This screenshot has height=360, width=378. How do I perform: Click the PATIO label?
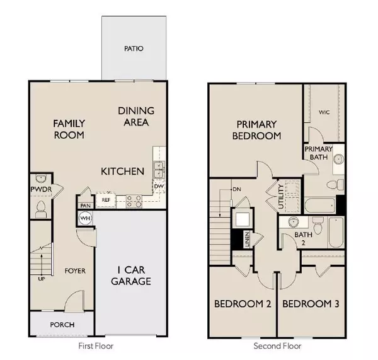coord(134,48)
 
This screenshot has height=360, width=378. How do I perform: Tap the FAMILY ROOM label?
coord(69,129)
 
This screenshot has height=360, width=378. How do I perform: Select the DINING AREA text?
coord(134,117)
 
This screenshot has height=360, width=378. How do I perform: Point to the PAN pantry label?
coord(85,204)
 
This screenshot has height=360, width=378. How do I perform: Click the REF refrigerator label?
coord(106,200)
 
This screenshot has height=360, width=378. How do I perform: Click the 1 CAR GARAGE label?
coord(130,276)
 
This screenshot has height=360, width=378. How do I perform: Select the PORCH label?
coord(61,325)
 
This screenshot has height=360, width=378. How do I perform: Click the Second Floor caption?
coord(278,346)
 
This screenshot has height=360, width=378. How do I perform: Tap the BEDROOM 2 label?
coord(243,305)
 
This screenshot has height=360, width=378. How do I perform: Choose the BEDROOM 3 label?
coord(311,305)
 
